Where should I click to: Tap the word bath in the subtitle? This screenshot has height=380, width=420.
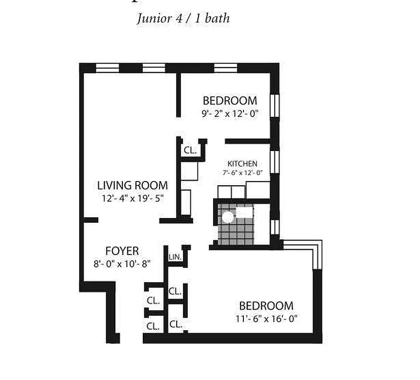217,19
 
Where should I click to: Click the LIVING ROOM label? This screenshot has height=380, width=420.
132,185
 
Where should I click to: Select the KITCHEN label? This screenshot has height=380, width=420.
242,163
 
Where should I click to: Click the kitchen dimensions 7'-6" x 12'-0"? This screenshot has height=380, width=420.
242,173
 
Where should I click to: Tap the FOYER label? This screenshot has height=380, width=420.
122,251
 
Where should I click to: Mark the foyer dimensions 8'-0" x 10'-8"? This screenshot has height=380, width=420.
122,263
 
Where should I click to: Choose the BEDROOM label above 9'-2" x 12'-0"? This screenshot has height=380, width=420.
230,101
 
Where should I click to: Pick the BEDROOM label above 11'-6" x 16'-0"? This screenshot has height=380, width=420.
266,305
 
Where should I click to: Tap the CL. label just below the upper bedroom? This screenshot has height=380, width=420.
190,150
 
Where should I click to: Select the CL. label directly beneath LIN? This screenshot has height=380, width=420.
175,290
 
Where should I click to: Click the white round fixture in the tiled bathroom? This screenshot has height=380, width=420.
228,217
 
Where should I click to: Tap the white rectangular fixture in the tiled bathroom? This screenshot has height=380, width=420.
244,213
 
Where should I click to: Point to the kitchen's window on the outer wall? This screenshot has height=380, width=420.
274,164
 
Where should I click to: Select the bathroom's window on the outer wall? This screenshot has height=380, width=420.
274,227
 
